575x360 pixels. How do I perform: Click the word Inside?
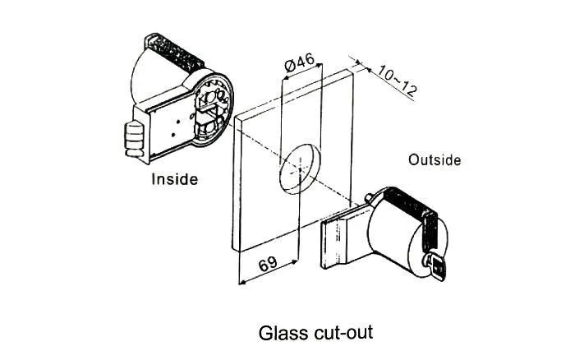coord(174,178)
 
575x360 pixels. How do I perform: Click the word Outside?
coord(435,159)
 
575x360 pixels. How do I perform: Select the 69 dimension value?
coord(266,264)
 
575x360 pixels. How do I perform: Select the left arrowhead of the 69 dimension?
coord(241,281)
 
